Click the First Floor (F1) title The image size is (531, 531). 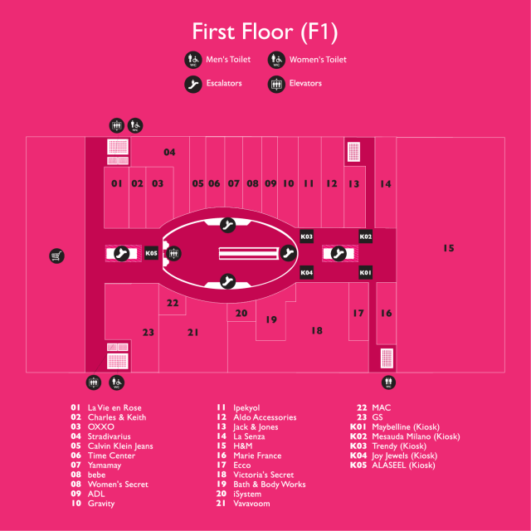(265, 32)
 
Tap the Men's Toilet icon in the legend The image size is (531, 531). (192, 60)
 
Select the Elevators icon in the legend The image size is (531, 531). (276, 84)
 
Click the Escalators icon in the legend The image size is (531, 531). (192, 84)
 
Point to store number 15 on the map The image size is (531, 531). (448, 248)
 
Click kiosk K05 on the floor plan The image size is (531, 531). (151, 253)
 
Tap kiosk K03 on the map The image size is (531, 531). (306, 236)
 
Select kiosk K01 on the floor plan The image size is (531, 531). (366, 272)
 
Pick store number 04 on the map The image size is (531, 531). (169, 152)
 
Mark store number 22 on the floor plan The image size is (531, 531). (173, 303)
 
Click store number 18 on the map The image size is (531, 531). (316, 330)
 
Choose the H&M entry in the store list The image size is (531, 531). (244, 446)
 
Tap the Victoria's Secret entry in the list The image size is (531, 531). (262, 475)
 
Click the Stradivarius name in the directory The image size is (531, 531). (108, 436)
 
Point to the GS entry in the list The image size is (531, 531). (378, 417)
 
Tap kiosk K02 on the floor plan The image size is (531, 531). (366, 236)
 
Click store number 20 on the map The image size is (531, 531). (241, 314)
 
